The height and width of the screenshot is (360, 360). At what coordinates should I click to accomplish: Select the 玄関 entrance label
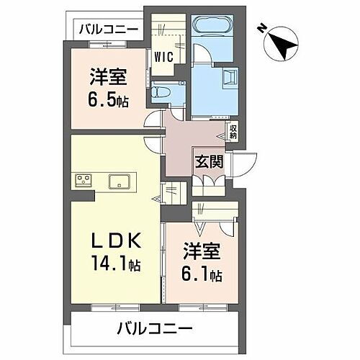click(209, 161)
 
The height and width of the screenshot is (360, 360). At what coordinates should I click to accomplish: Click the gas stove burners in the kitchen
click(82, 180)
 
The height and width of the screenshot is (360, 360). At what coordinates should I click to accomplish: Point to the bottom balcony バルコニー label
click(155, 330)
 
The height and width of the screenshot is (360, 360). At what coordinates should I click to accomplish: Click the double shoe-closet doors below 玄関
click(209, 179)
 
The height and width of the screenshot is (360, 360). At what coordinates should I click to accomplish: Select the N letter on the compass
click(263, 29)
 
